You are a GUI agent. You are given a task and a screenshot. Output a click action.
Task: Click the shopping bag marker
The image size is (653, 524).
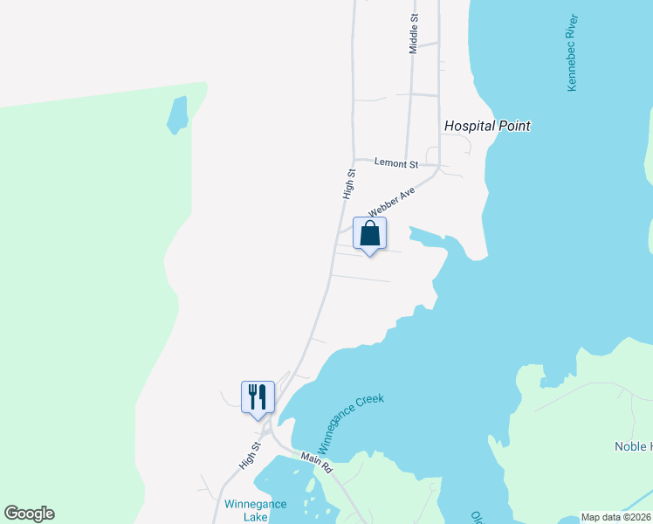(369, 235)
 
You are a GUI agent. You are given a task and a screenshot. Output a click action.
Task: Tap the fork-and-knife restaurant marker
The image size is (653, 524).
(258, 397)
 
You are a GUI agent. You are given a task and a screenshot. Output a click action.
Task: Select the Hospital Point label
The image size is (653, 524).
(487, 126)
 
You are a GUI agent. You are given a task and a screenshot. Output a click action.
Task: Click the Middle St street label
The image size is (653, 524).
(414, 33)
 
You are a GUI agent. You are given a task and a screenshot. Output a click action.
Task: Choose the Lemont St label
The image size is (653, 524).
(396, 163)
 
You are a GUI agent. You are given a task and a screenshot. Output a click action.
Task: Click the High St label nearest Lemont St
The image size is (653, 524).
(349, 184)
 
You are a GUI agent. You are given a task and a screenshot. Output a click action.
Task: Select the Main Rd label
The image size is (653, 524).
(316, 462)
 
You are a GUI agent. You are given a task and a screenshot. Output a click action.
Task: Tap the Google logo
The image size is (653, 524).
(29, 514)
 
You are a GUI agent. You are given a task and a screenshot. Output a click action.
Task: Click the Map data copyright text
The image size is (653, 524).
(616, 517)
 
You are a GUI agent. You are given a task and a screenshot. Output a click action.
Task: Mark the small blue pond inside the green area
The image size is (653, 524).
(177, 114)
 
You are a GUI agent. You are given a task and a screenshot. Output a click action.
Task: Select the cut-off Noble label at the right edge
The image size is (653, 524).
(633, 446)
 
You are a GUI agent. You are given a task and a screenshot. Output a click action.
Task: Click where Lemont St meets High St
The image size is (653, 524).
(353, 161)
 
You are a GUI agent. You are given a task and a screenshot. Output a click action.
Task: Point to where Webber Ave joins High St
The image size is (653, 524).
(342, 229)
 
